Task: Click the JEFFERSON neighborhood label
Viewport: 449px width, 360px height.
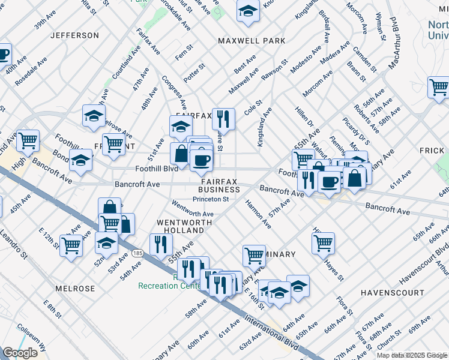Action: tap(74, 35)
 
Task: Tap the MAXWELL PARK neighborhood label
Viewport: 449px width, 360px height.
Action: tap(252, 41)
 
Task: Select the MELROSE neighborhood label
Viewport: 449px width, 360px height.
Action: tap(75, 289)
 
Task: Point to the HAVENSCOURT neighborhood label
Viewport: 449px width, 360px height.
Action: tap(393, 292)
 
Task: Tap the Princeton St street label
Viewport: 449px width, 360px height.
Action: tap(211, 199)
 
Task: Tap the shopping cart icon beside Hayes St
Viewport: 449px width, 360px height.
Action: tap(323, 242)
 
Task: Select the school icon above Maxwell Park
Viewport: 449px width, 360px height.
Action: tap(247, 11)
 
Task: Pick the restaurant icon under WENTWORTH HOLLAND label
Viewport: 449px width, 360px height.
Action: tap(161, 244)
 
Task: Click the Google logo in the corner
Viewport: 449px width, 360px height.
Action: tap(21, 353)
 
